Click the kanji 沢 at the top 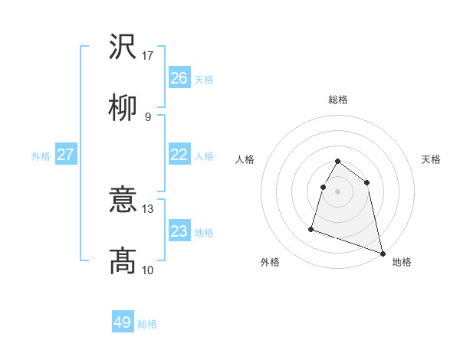tap(123, 47)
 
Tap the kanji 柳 tap(123, 108)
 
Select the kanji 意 tap(123, 201)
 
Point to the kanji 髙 tap(123, 261)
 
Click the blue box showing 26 tap(179, 78)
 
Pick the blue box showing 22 tap(179, 155)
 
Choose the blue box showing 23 tap(179, 231)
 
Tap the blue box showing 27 tap(65, 155)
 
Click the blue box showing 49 tap(123, 322)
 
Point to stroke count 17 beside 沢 tap(148, 56)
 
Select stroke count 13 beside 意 tap(148, 208)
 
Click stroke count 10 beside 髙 tap(148, 270)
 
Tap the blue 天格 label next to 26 tap(204, 79)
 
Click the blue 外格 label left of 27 tap(41, 155)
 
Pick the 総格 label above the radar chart tap(338, 100)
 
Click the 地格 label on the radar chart tap(402, 262)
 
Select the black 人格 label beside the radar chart tap(245, 159)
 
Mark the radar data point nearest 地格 tap(383, 254)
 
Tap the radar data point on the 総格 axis tap(338, 162)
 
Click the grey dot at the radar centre tap(338, 191)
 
